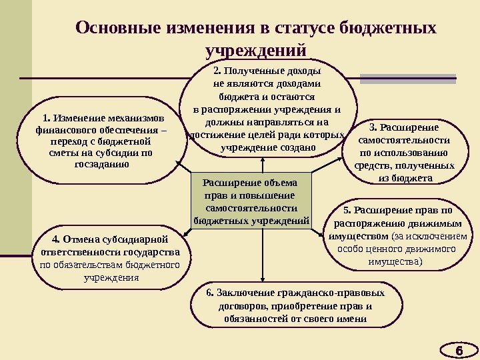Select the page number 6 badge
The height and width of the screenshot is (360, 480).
tap(458, 349)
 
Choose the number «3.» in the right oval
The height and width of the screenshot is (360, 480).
tap(373, 127)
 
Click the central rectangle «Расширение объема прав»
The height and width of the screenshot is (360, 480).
tap(252, 200)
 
